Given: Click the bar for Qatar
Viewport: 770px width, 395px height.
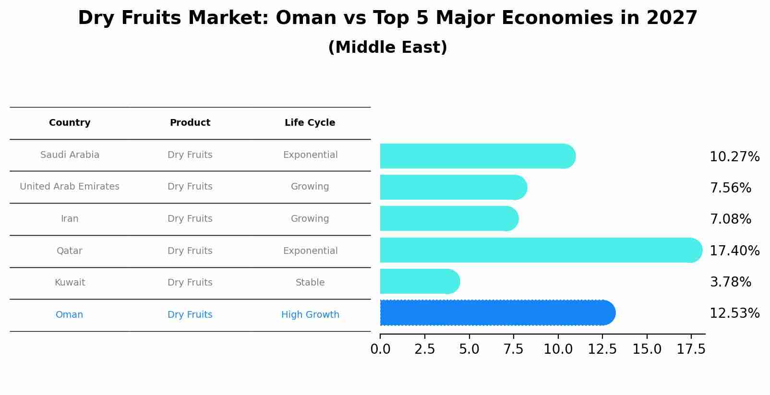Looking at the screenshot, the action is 541,250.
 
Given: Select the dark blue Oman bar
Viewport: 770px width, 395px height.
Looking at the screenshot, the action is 498,312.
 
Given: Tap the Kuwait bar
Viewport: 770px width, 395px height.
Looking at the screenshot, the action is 420,281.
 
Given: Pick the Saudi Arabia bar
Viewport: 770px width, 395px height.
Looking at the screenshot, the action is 478,156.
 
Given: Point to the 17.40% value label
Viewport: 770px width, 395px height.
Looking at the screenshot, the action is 734,251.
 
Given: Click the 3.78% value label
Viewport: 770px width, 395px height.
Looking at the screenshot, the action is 731,282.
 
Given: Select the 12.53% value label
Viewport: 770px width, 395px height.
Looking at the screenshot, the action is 734,313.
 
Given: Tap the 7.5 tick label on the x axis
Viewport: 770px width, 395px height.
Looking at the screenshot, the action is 514,349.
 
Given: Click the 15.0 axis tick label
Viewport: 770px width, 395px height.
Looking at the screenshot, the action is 647,349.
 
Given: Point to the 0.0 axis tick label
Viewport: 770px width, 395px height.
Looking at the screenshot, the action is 380,349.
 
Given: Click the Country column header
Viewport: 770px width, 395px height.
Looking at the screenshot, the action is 70,123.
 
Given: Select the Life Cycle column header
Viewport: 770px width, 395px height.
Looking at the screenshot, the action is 310,123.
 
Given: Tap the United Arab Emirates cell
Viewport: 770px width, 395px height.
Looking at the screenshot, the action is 70,186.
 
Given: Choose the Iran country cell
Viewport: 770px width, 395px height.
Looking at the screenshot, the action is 70,219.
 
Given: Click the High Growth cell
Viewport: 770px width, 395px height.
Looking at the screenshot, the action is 310,314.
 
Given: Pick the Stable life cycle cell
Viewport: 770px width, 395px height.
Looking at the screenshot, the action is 310,282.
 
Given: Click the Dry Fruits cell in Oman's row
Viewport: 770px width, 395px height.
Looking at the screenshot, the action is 190,314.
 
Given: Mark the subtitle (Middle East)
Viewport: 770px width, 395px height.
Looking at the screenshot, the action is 388,47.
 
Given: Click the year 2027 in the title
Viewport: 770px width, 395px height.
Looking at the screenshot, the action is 672,18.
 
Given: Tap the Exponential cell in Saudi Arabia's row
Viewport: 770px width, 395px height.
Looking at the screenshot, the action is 311,155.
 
